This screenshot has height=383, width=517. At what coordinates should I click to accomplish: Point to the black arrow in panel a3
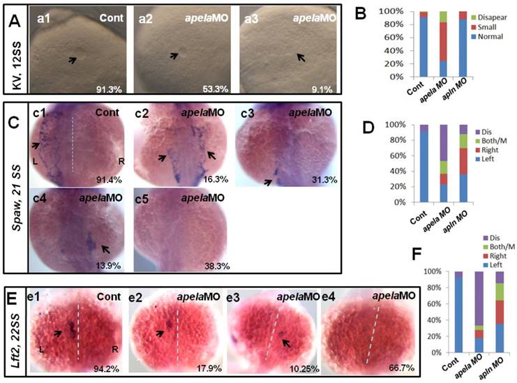coord(301,57)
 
